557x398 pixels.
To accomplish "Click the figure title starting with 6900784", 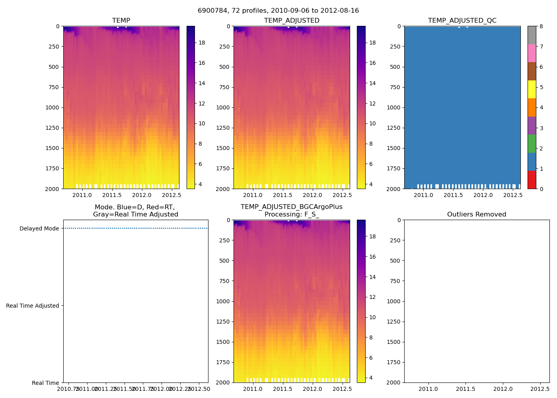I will pyautogui.click(x=278, y=11).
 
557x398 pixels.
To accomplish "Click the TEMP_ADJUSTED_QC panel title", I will pyautogui.click(x=462, y=21).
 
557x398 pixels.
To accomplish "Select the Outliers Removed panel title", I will pyautogui.click(x=476, y=215).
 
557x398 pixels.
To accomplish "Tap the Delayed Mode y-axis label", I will pyautogui.click(x=39, y=228).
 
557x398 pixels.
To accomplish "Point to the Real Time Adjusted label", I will pyautogui.click(x=32, y=306).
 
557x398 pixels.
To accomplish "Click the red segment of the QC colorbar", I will pyautogui.click(x=532, y=179).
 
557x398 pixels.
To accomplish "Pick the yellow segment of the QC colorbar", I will pyautogui.click(x=532, y=89).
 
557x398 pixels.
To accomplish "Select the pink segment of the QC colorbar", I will pyautogui.click(x=532, y=53).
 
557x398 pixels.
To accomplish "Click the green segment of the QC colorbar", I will pyautogui.click(x=532, y=143).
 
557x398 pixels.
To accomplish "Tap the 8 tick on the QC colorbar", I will pyautogui.click(x=541, y=27).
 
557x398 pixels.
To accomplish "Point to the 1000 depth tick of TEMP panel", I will pyautogui.click(x=52, y=107).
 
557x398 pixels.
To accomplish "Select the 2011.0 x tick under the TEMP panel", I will pyautogui.click(x=82, y=195).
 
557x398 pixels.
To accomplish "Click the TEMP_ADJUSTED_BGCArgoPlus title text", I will pyautogui.click(x=291, y=207).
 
